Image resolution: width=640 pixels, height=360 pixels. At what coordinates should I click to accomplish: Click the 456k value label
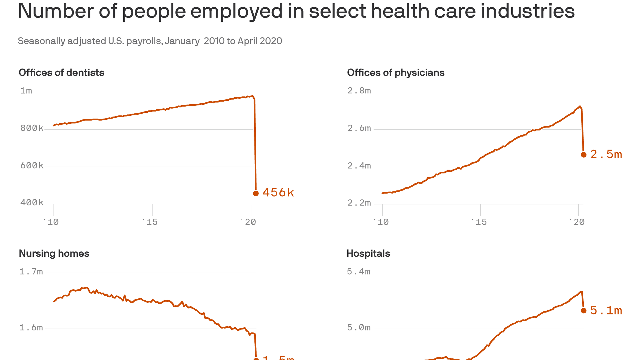(278, 193)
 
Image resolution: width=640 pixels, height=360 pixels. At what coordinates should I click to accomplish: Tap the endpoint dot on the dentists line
(256, 193)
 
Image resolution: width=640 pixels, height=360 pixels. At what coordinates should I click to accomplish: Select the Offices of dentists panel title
(61, 73)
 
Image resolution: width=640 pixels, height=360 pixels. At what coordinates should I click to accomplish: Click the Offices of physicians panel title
(396, 73)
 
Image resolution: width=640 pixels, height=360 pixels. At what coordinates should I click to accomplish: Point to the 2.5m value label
(606, 154)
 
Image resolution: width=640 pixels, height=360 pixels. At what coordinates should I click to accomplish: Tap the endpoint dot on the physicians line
(584, 155)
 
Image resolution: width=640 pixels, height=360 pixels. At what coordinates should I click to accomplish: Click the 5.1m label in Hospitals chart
(606, 310)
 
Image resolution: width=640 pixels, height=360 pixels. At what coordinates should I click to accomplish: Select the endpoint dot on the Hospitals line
(584, 310)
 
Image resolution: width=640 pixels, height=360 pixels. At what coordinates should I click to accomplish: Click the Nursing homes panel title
(54, 253)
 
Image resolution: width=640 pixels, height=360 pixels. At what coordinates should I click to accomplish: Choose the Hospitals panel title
(368, 253)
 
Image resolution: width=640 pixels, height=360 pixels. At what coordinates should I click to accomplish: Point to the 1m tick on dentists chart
(26, 91)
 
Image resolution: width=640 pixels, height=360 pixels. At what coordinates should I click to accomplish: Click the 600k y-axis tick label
(32, 166)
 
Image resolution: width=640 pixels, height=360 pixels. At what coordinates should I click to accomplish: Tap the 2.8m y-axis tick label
(359, 91)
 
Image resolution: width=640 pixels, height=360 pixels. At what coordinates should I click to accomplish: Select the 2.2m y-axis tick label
(359, 203)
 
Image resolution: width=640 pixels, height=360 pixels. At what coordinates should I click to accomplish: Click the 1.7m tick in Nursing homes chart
(31, 272)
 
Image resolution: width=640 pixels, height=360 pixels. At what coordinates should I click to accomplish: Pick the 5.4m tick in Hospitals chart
(359, 272)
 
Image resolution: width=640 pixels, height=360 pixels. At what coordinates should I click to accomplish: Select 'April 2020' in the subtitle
(260, 41)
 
